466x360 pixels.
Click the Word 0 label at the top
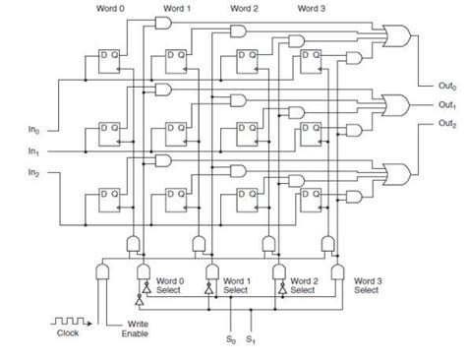(x=110, y=8)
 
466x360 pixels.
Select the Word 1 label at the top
(x=178, y=8)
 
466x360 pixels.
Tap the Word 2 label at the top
(x=244, y=8)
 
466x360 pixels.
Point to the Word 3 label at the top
(x=311, y=8)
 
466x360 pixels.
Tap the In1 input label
(x=33, y=151)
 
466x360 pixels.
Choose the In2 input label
(x=33, y=173)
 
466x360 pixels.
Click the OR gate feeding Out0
(x=401, y=38)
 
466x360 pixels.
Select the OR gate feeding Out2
(x=401, y=174)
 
